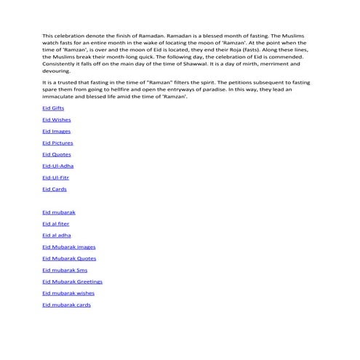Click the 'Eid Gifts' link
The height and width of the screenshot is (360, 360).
coord(53,108)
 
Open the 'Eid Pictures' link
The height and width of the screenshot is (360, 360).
coord(57,143)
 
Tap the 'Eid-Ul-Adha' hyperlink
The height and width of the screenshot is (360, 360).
coord(58,166)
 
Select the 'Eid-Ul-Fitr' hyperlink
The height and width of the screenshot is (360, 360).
coord(56,177)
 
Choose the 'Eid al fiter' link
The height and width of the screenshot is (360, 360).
coord(56,224)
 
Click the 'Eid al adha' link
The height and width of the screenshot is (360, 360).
coord(57,236)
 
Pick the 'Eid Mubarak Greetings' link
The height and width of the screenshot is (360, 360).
coord(72,281)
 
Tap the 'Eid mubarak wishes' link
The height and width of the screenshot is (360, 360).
coord(68,293)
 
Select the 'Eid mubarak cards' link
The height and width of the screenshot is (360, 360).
coord(66,305)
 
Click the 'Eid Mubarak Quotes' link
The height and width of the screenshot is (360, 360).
coord(69,258)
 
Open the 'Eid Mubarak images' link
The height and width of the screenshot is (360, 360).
coord(68,247)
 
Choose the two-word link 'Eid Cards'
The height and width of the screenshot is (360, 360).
coord(55,189)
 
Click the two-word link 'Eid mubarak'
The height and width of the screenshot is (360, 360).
coord(58,212)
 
